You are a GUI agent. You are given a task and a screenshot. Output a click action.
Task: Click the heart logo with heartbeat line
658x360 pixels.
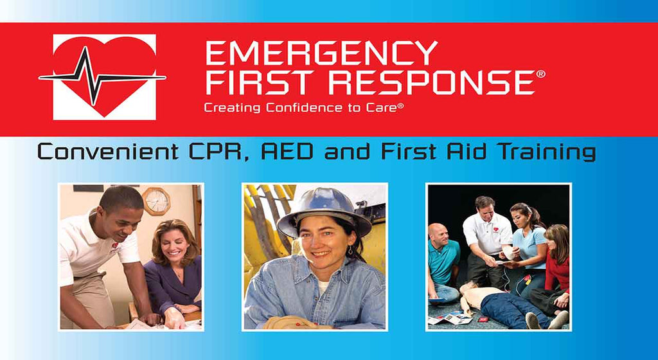pos(103,77)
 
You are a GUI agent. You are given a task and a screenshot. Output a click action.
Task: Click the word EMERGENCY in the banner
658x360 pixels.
pos(321,53)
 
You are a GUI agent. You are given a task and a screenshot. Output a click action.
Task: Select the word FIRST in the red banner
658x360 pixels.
pos(263,82)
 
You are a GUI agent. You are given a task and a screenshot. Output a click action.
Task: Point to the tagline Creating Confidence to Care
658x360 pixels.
pos(304,108)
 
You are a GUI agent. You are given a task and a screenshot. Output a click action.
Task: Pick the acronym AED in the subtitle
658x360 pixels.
pos(287,152)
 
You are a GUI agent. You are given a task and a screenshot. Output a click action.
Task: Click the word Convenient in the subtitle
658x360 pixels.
pos(108,152)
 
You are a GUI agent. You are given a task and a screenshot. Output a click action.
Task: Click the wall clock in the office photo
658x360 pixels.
pos(156,201)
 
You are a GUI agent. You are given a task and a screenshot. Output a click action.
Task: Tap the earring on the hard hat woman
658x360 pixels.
pos(350,251)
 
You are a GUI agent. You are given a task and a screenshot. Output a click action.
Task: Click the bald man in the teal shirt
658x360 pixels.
pos(442,262)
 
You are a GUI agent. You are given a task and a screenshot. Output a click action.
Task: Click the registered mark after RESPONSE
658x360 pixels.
pos(541,75)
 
